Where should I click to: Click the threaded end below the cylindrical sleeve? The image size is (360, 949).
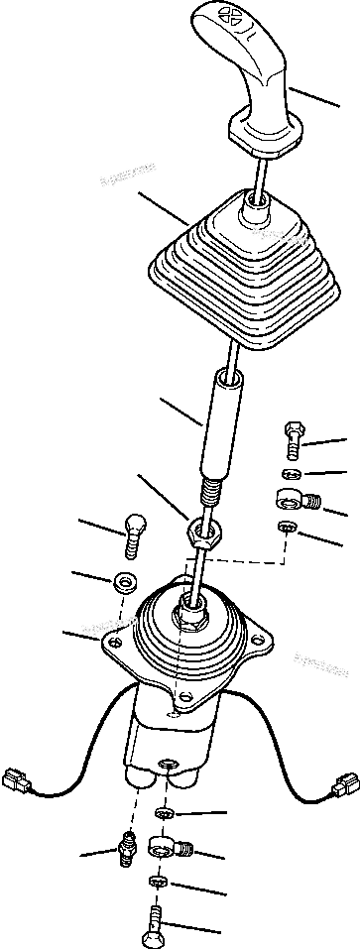click(209, 493)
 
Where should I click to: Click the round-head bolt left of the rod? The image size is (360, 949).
click(132, 535)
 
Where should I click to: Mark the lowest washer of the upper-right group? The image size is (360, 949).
click(286, 529)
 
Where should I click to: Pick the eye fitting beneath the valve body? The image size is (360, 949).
click(166, 848)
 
